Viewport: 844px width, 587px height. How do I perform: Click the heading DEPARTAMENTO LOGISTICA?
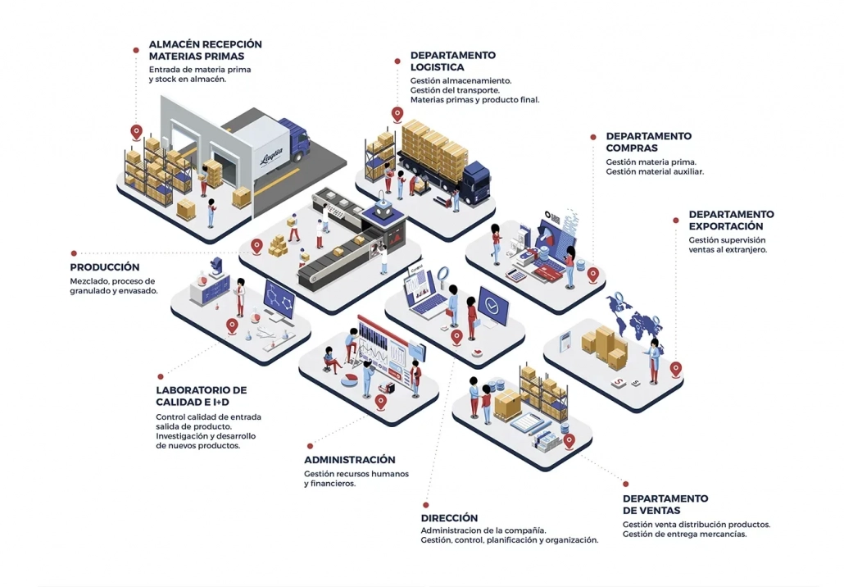pos(452,61)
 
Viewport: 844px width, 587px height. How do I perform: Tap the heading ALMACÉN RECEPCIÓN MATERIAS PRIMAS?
pos(205,50)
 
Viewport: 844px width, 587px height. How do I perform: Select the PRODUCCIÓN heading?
pos(105,267)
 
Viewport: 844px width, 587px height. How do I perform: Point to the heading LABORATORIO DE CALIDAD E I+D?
pos(201,396)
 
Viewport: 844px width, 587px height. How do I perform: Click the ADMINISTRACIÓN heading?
pos(350,460)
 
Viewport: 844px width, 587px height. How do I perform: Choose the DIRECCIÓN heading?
pos(449,518)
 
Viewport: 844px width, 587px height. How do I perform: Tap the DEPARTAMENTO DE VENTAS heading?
pos(665,504)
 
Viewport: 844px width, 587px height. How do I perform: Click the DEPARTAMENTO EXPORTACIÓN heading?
pos(731,220)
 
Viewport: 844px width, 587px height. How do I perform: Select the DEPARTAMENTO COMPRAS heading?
pos(648,142)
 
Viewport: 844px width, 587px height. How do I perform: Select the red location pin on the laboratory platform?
pos(232,325)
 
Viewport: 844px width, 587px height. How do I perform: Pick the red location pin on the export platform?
pos(675,368)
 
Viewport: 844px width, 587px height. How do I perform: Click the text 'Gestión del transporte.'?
pos(453,90)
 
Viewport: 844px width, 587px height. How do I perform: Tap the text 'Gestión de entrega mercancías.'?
pos(684,535)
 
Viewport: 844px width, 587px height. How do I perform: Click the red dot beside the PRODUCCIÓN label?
pos(74,253)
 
